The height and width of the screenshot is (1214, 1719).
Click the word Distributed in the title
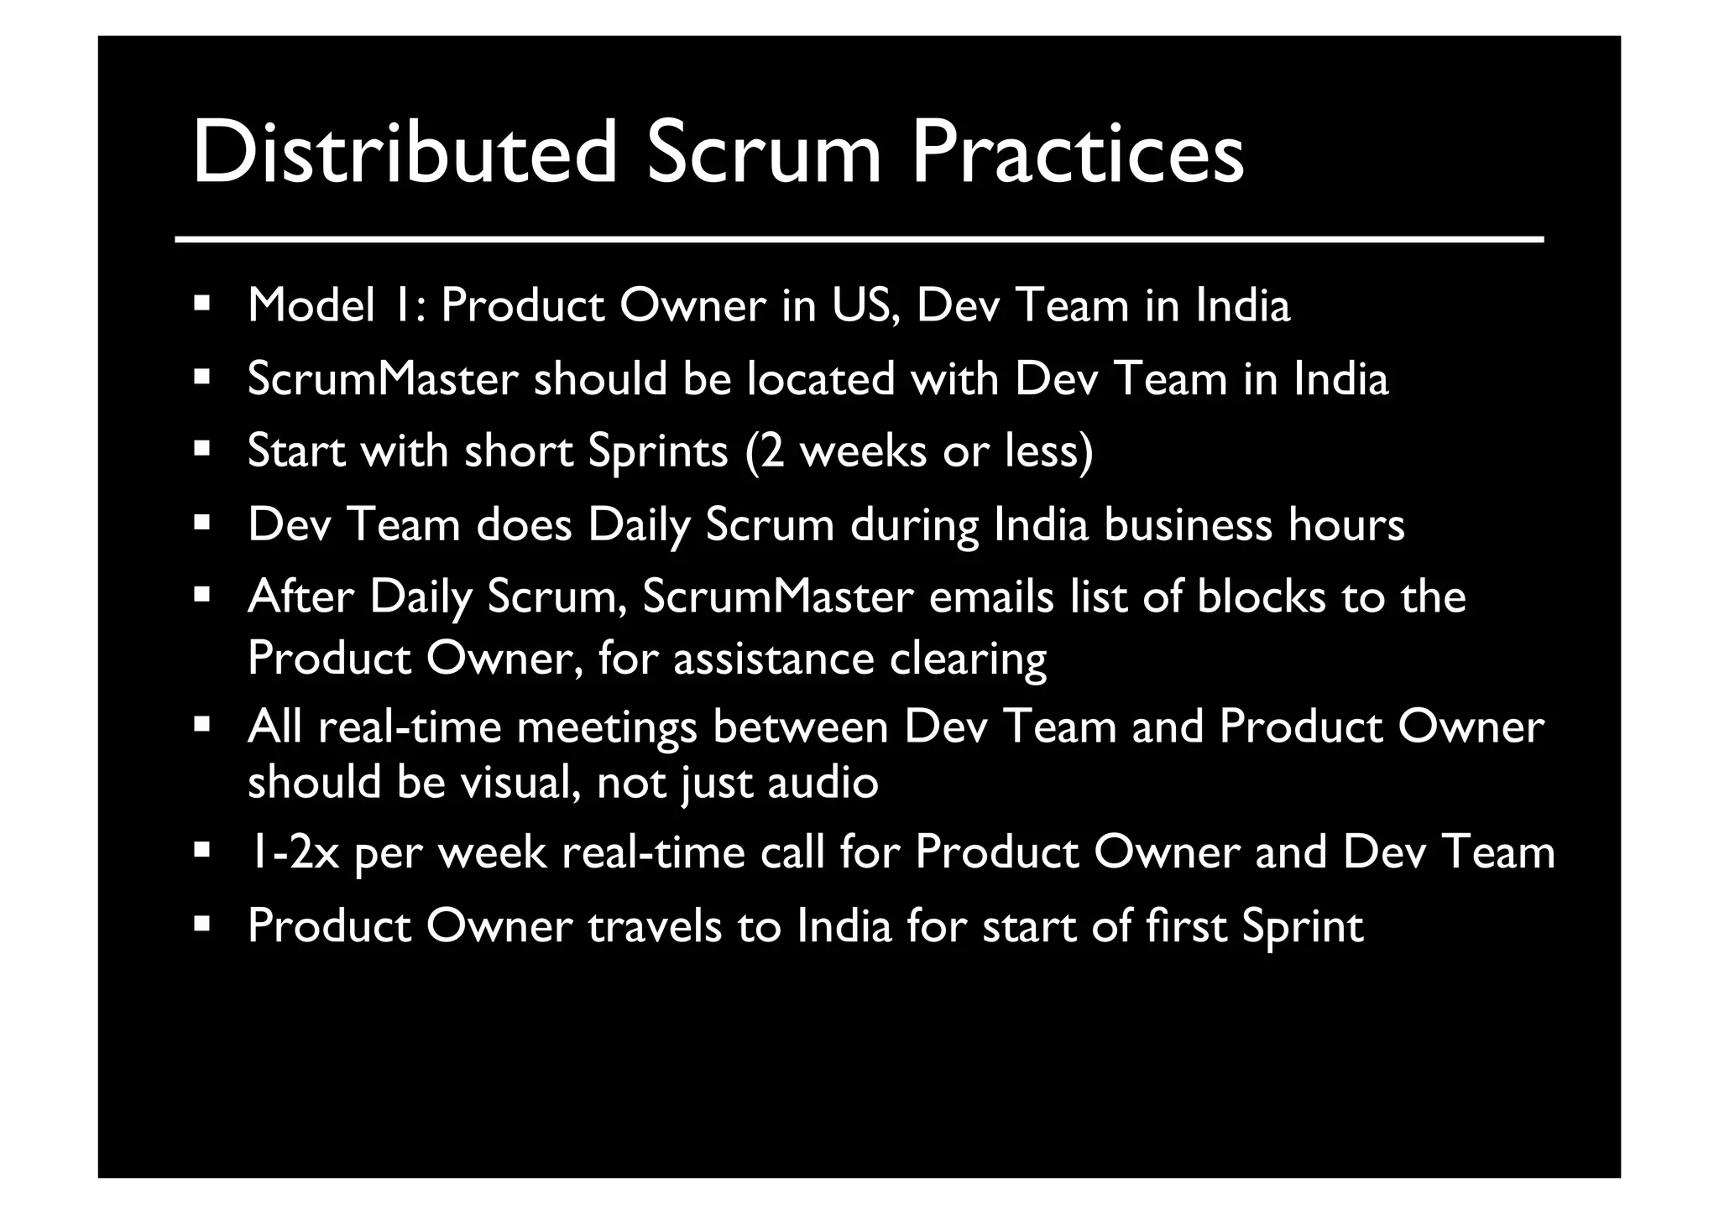click(x=404, y=154)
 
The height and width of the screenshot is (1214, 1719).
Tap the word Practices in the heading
click(x=1078, y=154)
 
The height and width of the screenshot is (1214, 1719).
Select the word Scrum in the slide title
click(x=764, y=154)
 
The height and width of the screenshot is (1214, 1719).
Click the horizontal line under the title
click(x=859, y=240)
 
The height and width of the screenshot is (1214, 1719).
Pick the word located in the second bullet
click(x=821, y=379)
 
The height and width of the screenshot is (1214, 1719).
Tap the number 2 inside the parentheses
click(x=771, y=452)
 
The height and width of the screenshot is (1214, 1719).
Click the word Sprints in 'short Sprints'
click(x=657, y=452)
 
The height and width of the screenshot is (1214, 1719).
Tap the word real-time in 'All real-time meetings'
click(x=409, y=727)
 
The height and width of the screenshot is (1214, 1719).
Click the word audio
click(x=823, y=783)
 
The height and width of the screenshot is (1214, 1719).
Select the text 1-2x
click(x=294, y=853)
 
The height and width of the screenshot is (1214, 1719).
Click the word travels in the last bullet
click(x=655, y=926)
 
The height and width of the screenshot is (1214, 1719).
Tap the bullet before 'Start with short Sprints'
click(x=201, y=449)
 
